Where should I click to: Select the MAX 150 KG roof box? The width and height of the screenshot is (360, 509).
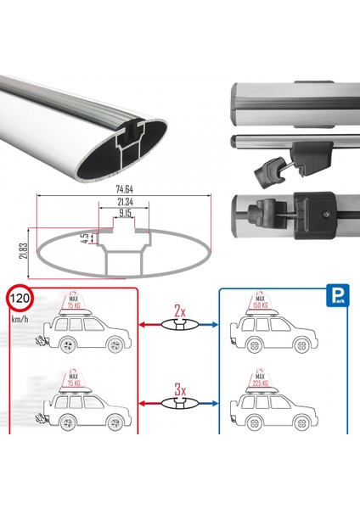coord(264,310)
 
